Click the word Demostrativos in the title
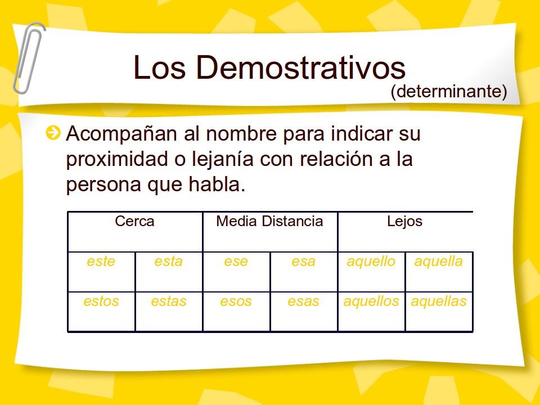click(300, 67)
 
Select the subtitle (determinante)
click(449, 92)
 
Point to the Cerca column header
click(134, 222)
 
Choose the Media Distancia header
click(269, 222)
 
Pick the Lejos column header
click(404, 222)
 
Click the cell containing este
click(101, 262)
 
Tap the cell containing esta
click(168, 262)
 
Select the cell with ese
click(236, 262)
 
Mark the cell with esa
click(303, 262)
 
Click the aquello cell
click(371, 262)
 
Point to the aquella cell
click(439, 262)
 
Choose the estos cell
click(101, 302)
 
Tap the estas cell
click(168, 302)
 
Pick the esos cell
click(236, 302)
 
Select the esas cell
click(303, 302)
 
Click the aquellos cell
click(371, 302)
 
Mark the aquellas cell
click(439, 302)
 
